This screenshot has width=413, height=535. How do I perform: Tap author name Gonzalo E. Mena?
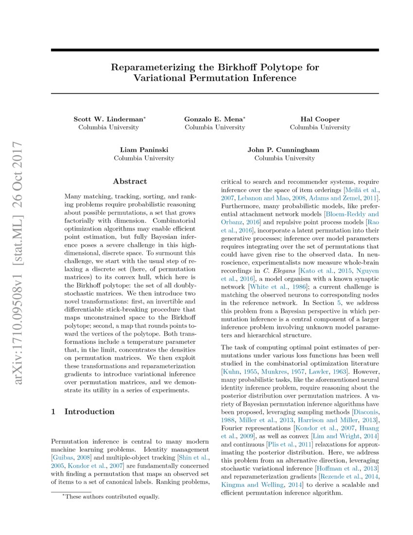click(x=214, y=119)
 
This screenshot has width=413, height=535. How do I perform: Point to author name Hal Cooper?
click(x=320, y=119)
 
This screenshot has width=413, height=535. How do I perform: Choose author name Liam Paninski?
click(x=144, y=150)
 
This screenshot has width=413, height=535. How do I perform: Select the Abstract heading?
click(x=130, y=181)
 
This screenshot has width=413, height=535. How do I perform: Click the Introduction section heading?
click(x=89, y=411)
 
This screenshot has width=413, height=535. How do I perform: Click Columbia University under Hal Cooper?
click(x=320, y=127)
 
